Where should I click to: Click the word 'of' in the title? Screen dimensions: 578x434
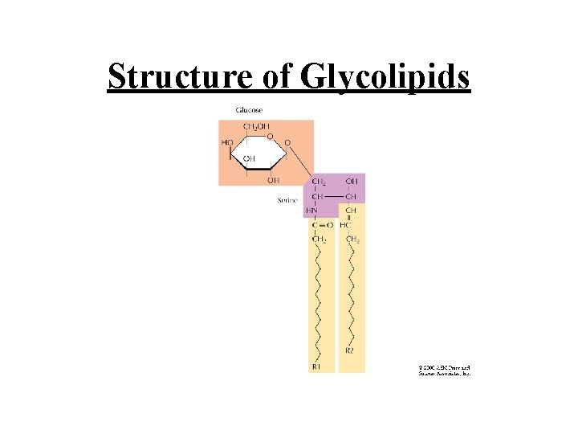tap(278, 77)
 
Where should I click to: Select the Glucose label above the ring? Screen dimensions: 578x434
tap(248, 110)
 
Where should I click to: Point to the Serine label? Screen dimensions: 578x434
tap(287, 200)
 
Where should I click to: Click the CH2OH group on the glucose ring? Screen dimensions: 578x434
tap(256, 127)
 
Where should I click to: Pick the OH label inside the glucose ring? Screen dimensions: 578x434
tap(249, 158)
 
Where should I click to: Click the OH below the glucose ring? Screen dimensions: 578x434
tap(273, 179)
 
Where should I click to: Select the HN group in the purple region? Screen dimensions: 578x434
tap(312, 211)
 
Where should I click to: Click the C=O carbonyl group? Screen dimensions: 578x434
tap(323, 225)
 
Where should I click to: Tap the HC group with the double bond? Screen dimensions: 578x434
tap(346, 225)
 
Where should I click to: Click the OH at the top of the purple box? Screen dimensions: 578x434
tap(351, 182)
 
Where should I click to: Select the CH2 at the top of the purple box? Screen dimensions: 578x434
tap(319, 182)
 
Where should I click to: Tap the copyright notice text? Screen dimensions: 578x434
tap(443, 371)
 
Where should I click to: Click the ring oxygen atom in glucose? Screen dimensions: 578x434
tap(271, 136)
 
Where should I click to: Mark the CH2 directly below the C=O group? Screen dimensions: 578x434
tap(319, 240)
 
